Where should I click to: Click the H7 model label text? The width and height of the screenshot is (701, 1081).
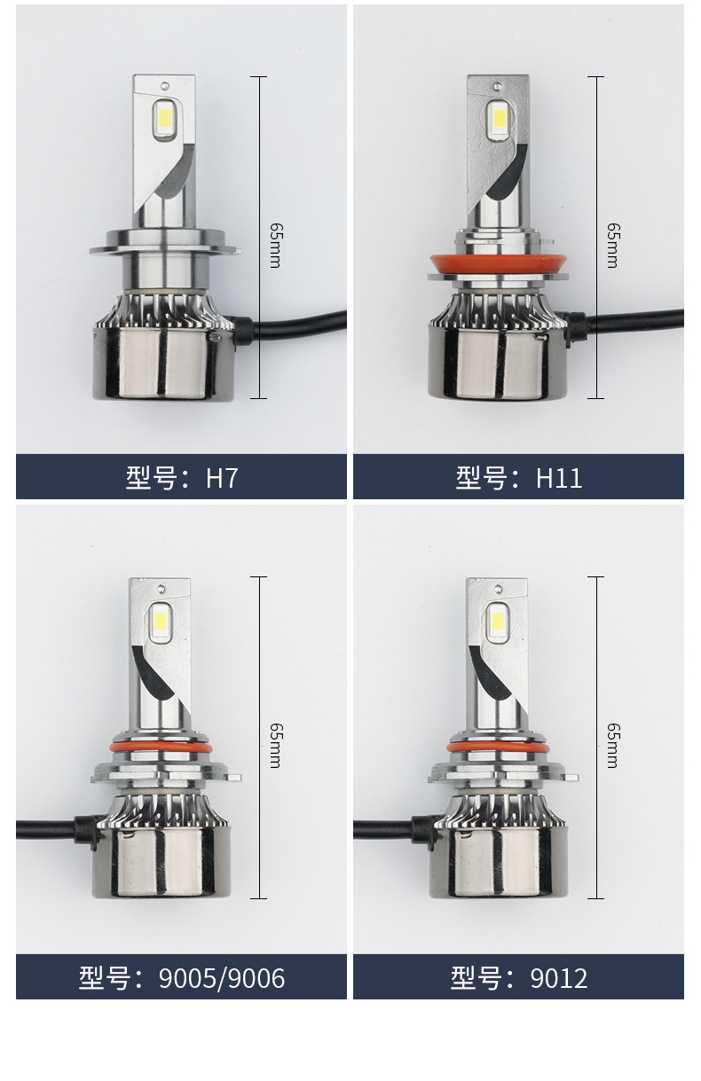click(x=182, y=478)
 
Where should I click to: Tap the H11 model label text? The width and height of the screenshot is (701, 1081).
click(x=519, y=478)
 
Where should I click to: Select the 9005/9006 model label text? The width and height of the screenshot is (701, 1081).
click(x=182, y=978)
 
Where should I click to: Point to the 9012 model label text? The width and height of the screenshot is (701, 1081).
click(x=519, y=978)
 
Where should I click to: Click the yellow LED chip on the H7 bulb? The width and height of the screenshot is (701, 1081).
click(x=164, y=117)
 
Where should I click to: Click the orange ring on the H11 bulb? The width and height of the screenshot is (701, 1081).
click(x=498, y=264)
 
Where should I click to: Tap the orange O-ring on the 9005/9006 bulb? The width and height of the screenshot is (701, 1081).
click(x=161, y=748)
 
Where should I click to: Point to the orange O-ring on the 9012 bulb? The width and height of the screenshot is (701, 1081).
click(x=498, y=748)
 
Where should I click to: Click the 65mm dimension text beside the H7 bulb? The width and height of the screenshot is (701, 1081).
click(x=276, y=245)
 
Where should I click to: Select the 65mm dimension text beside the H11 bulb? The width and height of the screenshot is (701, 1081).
click(x=613, y=245)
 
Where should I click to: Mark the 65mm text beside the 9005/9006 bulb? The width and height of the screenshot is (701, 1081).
click(x=276, y=746)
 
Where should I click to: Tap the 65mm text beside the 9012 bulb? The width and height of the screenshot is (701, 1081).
click(x=613, y=746)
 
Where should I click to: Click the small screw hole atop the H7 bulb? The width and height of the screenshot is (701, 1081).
click(x=165, y=86)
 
